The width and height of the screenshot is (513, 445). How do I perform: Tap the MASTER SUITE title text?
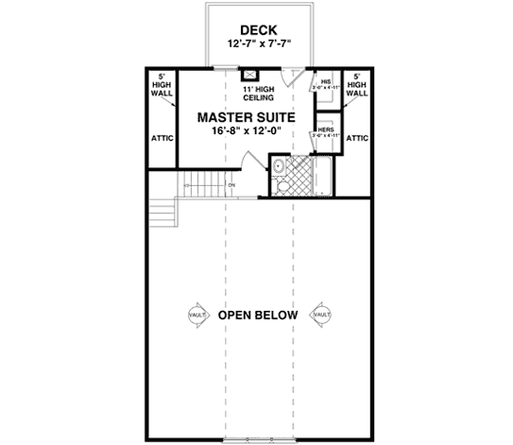(246, 118)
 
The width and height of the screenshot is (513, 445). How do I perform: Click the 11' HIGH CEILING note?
(258, 93)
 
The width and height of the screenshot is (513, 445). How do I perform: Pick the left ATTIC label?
(161, 137)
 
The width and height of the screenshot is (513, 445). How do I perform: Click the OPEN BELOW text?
(258, 315)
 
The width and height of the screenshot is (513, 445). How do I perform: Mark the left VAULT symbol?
(197, 315)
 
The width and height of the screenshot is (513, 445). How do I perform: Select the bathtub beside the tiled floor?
(324, 177)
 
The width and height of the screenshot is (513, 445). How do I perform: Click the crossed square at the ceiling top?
(250, 76)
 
